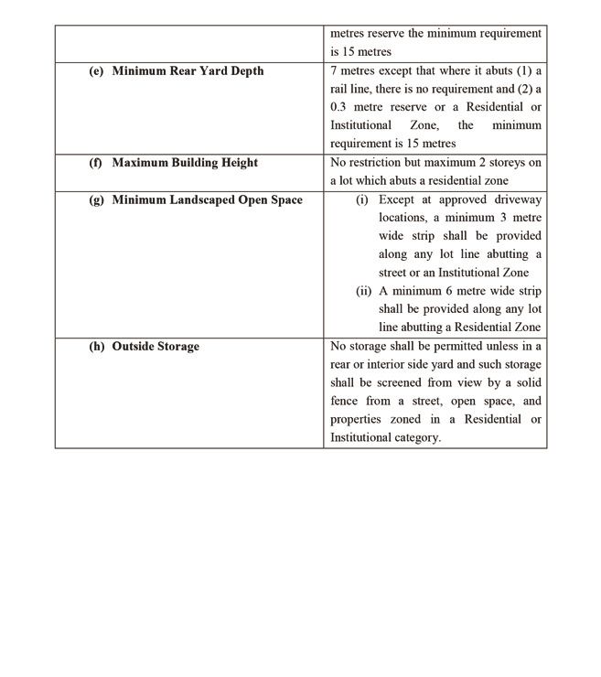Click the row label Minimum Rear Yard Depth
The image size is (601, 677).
(188, 71)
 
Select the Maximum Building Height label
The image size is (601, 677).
(185, 163)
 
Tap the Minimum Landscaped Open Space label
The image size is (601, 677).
(207, 199)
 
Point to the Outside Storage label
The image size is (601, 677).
(156, 347)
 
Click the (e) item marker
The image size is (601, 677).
(96, 71)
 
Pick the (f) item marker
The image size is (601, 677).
(95, 163)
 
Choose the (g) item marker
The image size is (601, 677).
(96, 199)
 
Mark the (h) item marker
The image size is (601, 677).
(96, 347)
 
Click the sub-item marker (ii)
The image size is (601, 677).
(365, 292)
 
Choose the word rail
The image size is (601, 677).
(339, 89)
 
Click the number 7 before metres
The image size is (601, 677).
(334, 71)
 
